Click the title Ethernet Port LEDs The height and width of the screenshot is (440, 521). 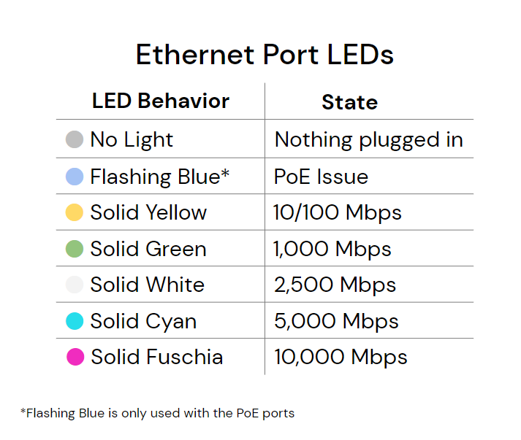point(265,55)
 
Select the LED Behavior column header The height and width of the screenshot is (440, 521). point(161,101)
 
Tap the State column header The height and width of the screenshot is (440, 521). point(349,102)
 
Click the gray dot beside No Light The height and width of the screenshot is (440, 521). point(74,139)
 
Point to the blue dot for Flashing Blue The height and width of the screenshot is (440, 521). point(74,177)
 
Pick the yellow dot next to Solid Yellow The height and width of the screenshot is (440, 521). point(74,212)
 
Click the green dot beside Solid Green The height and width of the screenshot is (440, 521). point(74,249)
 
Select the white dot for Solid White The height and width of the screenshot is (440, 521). point(74,285)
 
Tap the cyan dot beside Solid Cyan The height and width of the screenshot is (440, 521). point(74,321)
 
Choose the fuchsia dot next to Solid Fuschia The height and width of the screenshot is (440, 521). point(74,357)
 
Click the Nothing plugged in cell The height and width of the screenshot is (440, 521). point(368,139)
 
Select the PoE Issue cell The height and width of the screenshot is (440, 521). point(321,177)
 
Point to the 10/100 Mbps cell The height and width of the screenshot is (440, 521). point(338,212)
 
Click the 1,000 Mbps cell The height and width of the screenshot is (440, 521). point(332,249)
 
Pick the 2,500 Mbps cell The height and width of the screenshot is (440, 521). point(335,285)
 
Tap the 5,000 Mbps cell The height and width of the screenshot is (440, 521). point(336,321)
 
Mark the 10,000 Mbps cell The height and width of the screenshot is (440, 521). point(341,357)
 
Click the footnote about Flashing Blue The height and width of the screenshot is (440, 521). point(158,413)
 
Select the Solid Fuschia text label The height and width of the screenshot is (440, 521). point(157,357)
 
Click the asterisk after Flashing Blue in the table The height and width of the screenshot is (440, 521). point(225,173)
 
